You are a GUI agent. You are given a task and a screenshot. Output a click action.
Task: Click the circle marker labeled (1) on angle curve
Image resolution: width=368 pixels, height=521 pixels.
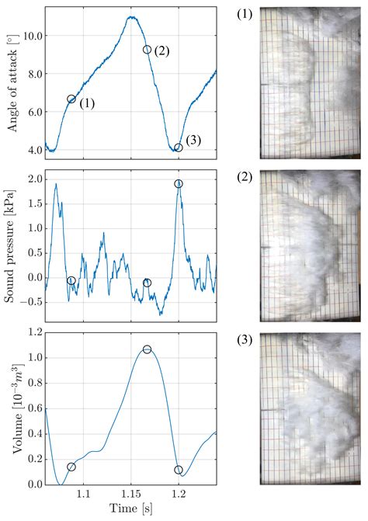click(71, 99)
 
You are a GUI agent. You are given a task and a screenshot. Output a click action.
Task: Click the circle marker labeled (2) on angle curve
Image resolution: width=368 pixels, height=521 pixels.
click(147, 50)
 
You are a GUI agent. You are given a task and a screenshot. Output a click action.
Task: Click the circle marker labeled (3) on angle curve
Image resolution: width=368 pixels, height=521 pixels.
click(179, 148)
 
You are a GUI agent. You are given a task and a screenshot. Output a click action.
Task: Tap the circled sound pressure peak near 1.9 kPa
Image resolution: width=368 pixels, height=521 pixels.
click(179, 184)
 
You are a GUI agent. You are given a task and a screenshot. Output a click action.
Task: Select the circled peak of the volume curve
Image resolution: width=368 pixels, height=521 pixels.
click(147, 350)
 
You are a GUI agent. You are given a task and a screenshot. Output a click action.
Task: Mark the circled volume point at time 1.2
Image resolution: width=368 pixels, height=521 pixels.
click(179, 470)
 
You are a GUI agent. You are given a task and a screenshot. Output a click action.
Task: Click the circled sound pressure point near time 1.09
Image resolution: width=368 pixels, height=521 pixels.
click(71, 281)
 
